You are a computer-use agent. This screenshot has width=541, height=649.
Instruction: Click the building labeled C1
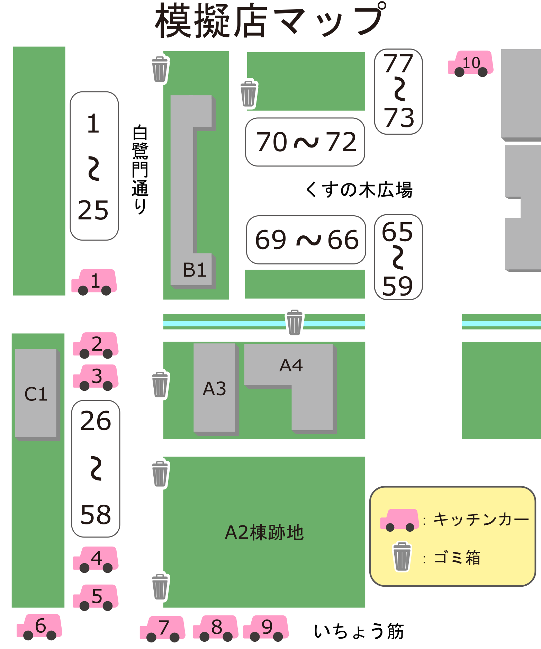click(x=36, y=394)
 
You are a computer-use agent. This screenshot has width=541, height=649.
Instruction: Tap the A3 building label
click(x=214, y=388)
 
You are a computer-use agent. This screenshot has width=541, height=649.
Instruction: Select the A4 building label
click(x=291, y=366)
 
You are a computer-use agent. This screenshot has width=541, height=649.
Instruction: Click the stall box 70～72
click(x=305, y=142)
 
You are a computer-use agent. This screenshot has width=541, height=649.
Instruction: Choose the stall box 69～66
click(x=306, y=240)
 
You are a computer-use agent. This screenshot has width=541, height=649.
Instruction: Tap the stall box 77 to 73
click(x=398, y=91)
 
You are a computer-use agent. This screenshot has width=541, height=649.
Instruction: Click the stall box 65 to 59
click(x=398, y=257)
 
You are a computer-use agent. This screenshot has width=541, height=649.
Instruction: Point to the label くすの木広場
click(x=359, y=190)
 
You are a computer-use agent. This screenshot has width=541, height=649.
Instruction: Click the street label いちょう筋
click(x=359, y=631)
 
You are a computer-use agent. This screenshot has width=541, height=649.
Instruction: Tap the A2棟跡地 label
click(x=264, y=532)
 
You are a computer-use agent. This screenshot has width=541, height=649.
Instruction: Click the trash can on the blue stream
click(x=295, y=323)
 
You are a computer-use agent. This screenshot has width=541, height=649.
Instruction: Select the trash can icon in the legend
click(x=402, y=557)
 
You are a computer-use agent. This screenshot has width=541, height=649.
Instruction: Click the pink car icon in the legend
click(x=399, y=520)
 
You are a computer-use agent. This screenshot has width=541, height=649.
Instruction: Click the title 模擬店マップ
click(x=270, y=21)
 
